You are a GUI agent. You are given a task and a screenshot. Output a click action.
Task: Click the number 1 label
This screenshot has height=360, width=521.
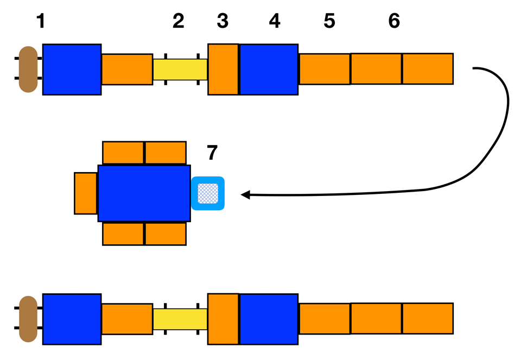(x=41, y=21)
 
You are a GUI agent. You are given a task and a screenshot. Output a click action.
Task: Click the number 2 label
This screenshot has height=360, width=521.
(x=179, y=21)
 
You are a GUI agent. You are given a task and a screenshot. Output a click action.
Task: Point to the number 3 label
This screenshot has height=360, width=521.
(x=223, y=21)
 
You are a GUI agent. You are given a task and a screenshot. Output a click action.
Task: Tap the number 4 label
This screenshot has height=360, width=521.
(x=275, y=21)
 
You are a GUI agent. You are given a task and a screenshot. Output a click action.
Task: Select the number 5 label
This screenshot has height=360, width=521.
(x=329, y=21)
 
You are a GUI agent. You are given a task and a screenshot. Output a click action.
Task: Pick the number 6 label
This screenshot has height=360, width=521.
(x=394, y=21)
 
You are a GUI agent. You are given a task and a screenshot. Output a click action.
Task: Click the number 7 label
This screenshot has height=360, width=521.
(x=212, y=154)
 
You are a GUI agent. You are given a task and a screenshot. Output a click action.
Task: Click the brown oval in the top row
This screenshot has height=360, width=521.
(x=28, y=70)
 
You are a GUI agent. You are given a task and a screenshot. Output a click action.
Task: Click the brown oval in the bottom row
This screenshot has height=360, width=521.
(x=28, y=319)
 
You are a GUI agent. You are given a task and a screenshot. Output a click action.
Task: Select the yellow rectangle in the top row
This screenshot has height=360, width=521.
(x=180, y=70)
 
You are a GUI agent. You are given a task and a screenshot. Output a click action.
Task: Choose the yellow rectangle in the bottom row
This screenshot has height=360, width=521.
(x=180, y=319)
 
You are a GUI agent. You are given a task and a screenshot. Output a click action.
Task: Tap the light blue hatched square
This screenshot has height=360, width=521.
(x=208, y=193)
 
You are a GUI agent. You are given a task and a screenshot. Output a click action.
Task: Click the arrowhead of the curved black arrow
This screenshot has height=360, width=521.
(x=245, y=194)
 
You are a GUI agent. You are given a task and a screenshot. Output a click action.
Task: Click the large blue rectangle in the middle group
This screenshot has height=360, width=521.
(x=144, y=193)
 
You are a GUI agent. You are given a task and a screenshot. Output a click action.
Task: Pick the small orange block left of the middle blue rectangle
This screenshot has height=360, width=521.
(x=86, y=193)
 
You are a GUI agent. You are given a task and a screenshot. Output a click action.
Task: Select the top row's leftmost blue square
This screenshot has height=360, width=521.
(x=72, y=70)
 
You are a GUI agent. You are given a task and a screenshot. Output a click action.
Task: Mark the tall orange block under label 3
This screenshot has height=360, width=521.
(x=223, y=70)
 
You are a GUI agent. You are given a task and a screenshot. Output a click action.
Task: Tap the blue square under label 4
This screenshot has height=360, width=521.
(x=269, y=70)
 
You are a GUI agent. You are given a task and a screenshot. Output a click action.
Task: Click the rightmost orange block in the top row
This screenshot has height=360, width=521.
(x=428, y=69)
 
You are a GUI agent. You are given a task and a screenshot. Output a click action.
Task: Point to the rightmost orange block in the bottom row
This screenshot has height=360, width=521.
(x=428, y=319)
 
